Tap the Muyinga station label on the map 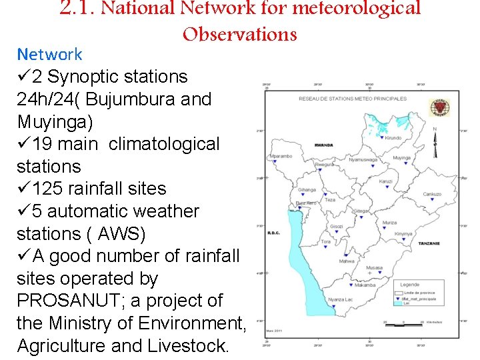point(402,158)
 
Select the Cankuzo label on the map point(432,194)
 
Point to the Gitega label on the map point(361,211)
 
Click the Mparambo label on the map point(281,156)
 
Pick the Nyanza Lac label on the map point(341,300)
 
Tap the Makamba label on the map point(365,285)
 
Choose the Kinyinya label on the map point(403,234)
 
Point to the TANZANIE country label point(429,243)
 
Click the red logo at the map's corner point(439,107)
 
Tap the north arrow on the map point(435,142)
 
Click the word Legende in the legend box point(410,285)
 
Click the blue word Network point(49,54)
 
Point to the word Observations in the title point(239,33)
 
